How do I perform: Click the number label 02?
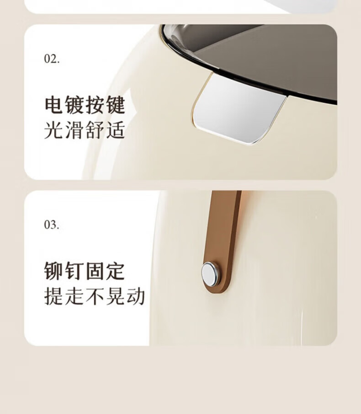(52, 59)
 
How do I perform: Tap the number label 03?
(52, 225)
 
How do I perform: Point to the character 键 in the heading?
(115, 105)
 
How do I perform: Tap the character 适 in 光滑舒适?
(115, 130)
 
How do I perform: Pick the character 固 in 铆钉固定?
(95, 271)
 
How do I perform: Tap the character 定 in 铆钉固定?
(115, 271)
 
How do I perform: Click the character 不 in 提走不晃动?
(95, 296)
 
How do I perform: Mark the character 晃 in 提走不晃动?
(115, 296)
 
